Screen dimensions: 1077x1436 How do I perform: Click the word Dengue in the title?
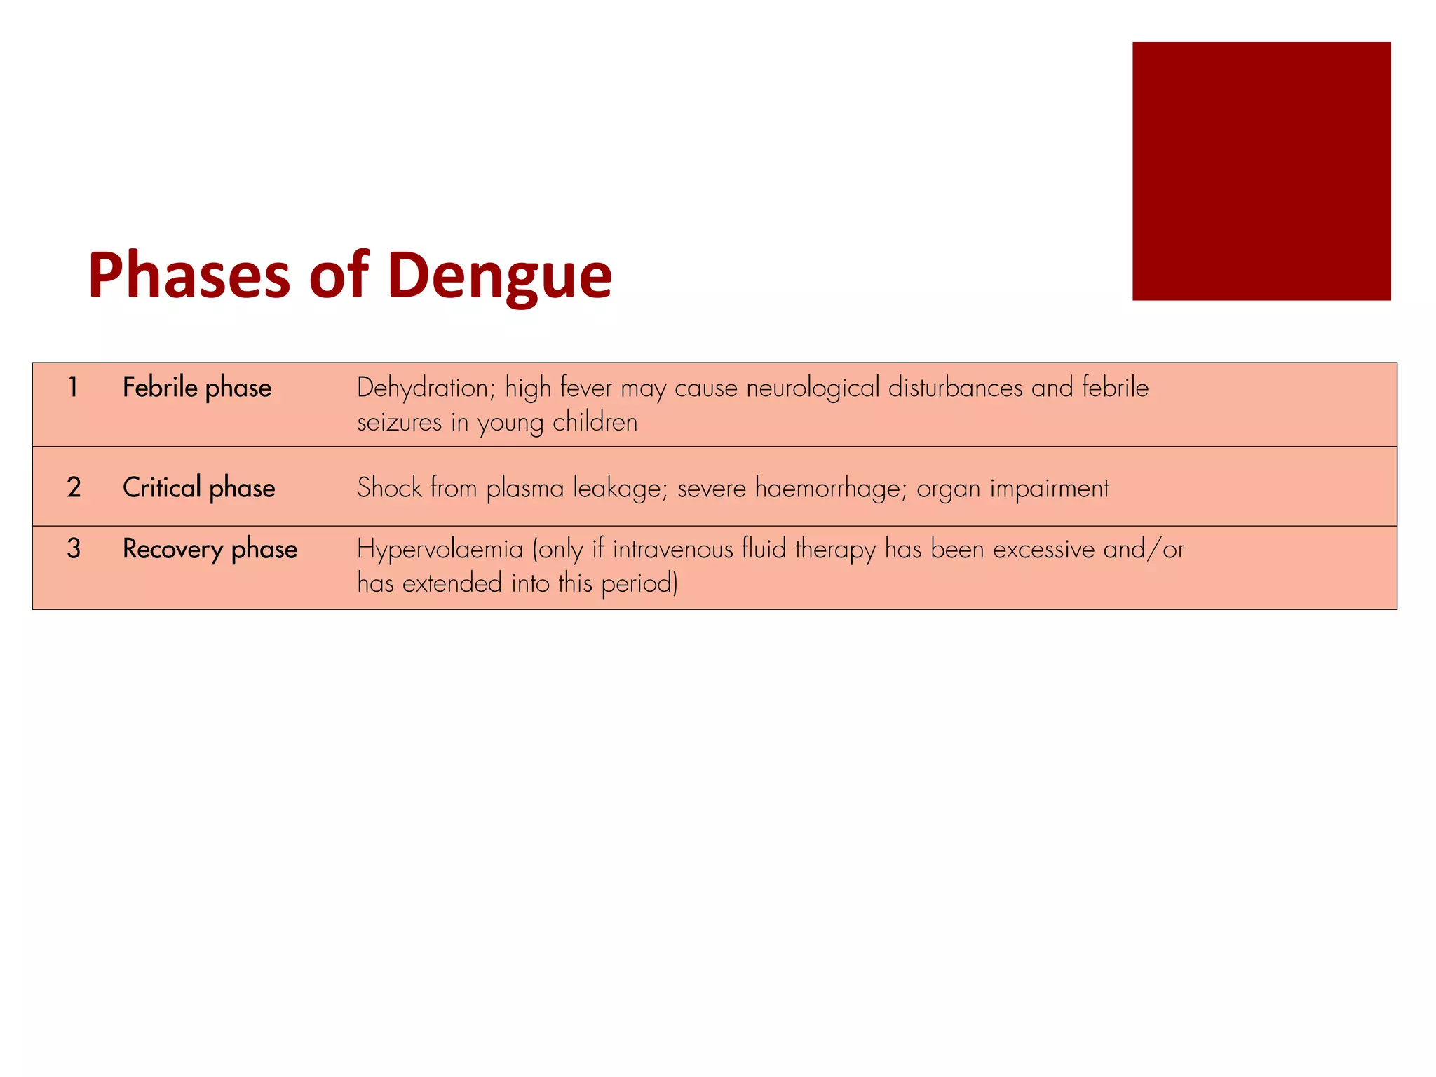tap(499, 276)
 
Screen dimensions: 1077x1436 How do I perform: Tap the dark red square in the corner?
tap(1261, 171)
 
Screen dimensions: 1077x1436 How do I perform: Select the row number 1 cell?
tap(73, 387)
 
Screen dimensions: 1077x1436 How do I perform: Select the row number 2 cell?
tap(74, 487)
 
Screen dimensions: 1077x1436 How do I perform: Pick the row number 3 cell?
tap(74, 548)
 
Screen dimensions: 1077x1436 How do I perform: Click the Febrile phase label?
tap(197, 388)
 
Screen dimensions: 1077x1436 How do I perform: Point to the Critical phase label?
tap(199, 488)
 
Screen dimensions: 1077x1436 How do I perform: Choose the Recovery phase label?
tap(210, 549)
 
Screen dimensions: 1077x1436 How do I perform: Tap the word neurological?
tap(813, 388)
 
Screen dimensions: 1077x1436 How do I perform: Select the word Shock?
tap(390, 488)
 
